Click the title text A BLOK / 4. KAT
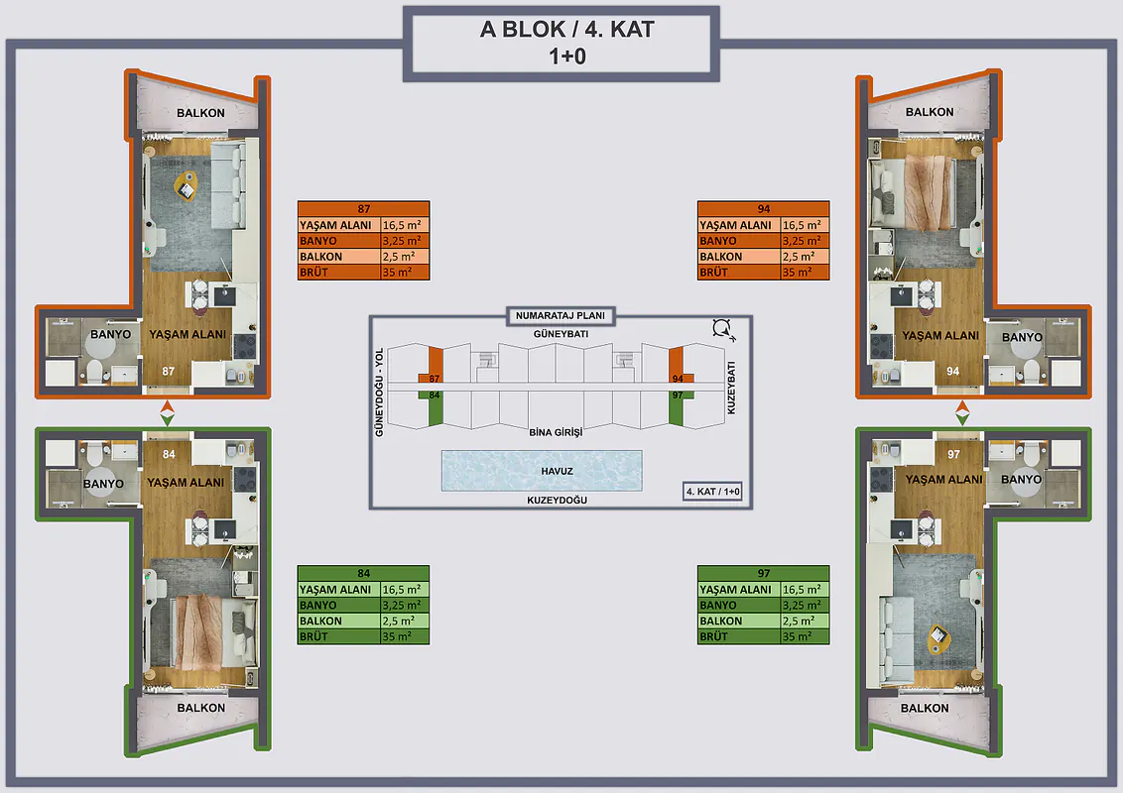click(x=566, y=30)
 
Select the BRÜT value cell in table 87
click(x=405, y=272)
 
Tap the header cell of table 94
click(x=764, y=209)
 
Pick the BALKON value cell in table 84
click(x=405, y=621)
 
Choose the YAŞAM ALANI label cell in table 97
click(x=738, y=589)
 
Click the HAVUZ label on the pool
click(x=557, y=471)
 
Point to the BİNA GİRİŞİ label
click(x=556, y=432)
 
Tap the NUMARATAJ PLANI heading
click(x=561, y=315)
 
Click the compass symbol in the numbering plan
click(x=722, y=329)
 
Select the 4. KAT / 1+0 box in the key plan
click(x=712, y=492)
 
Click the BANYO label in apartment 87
click(x=110, y=334)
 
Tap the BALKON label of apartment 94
click(x=930, y=112)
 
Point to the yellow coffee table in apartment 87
click(x=187, y=186)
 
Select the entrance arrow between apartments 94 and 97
click(x=962, y=413)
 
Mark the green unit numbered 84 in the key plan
click(x=435, y=408)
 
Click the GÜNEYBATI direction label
click(x=561, y=334)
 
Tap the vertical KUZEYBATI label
click(x=731, y=388)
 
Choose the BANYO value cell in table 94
click(x=805, y=241)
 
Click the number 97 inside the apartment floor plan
click(x=953, y=454)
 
